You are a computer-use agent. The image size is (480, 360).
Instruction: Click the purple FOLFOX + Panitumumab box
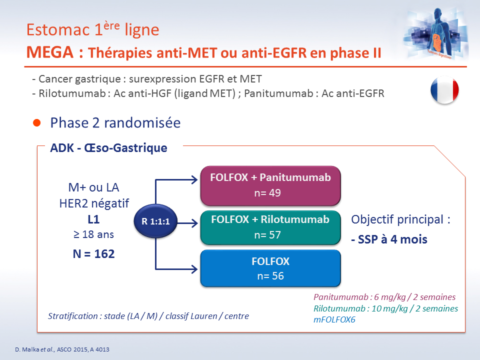[x=270, y=186]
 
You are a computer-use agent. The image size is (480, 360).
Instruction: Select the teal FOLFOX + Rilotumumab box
[x=270, y=227]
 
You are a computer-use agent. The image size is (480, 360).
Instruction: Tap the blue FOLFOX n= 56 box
[x=270, y=268]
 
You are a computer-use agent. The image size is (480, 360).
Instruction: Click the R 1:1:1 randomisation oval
[x=155, y=221]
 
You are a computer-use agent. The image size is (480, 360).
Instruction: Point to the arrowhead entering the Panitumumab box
[x=194, y=179]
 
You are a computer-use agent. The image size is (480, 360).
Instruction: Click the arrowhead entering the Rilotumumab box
[x=194, y=223]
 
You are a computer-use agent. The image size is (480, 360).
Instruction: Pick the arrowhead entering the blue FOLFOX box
[x=194, y=269]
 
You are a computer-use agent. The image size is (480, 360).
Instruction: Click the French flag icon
[x=444, y=90]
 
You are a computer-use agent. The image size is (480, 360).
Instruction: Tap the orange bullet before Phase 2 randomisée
[x=36, y=123]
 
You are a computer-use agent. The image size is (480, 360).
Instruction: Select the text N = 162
[x=93, y=254]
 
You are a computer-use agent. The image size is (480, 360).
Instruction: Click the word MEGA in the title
[x=50, y=52]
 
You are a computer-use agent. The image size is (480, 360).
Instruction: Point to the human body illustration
[x=436, y=33]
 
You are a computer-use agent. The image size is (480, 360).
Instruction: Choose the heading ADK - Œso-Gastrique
[x=108, y=148]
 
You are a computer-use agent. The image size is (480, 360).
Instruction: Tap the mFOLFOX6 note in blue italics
[x=334, y=319]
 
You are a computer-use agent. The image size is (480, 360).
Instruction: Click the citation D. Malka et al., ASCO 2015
[x=62, y=349]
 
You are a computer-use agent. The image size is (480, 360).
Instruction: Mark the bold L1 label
[x=93, y=219]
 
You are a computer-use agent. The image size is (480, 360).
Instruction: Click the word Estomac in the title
[x=58, y=29]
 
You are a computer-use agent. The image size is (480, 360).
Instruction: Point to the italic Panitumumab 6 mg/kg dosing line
[x=384, y=297]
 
